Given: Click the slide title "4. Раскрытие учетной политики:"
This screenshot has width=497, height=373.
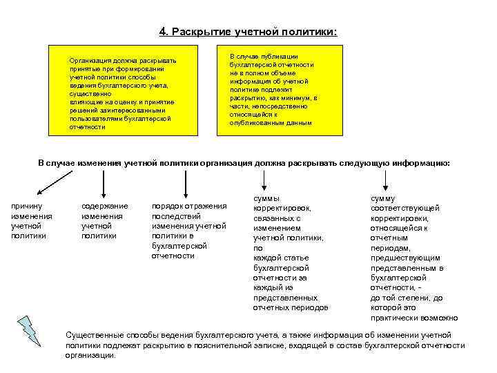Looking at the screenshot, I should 248,32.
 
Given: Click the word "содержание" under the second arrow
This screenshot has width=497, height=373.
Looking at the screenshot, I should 104,206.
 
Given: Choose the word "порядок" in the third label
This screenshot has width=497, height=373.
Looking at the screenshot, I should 166,206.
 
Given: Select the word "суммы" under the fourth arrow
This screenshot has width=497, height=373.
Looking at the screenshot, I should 267,198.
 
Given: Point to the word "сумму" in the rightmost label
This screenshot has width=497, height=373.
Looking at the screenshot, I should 383,198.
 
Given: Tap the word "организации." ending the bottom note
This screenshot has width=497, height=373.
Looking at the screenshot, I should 90,355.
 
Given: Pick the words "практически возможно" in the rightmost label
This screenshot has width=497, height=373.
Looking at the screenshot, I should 413,318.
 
